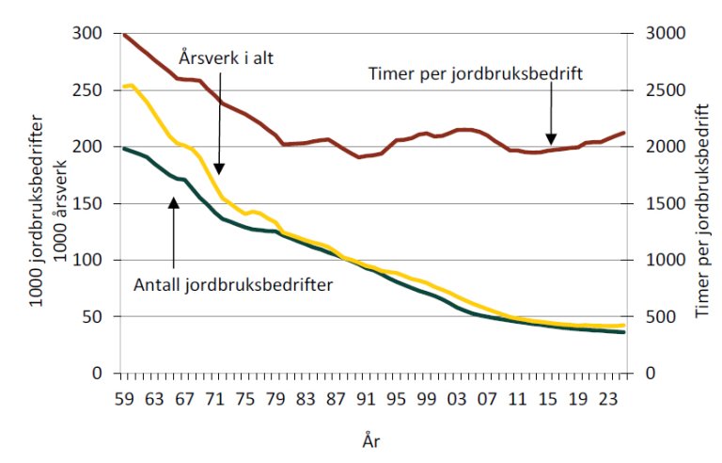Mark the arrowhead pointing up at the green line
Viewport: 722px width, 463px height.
pyautogui.click(x=174, y=200)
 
